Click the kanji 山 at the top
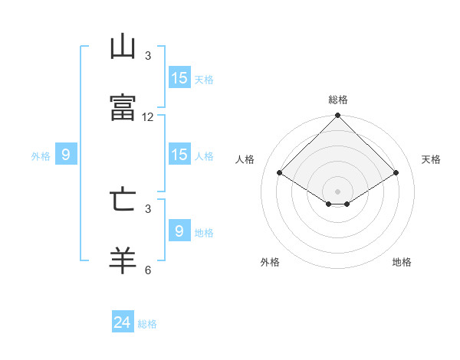tap(123, 47)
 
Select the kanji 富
tap(123, 107)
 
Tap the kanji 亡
tap(123, 199)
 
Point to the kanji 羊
tap(123, 260)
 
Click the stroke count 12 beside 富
tap(148, 117)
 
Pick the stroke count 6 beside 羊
tap(148, 270)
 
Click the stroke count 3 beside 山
tap(148, 56)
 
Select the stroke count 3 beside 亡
tap(148, 208)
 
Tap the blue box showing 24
tap(123, 322)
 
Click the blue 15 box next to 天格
tap(179, 78)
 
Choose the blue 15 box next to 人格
tap(179, 155)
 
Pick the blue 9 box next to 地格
tap(179, 231)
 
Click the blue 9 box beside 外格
tap(66, 155)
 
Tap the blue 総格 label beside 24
tap(147, 324)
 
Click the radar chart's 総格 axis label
tap(337, 100)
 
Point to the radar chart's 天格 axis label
tap(431, 159)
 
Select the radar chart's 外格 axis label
tap(270, 263)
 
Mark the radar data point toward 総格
tap(337, 116)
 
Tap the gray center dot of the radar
tap(337, 191)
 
